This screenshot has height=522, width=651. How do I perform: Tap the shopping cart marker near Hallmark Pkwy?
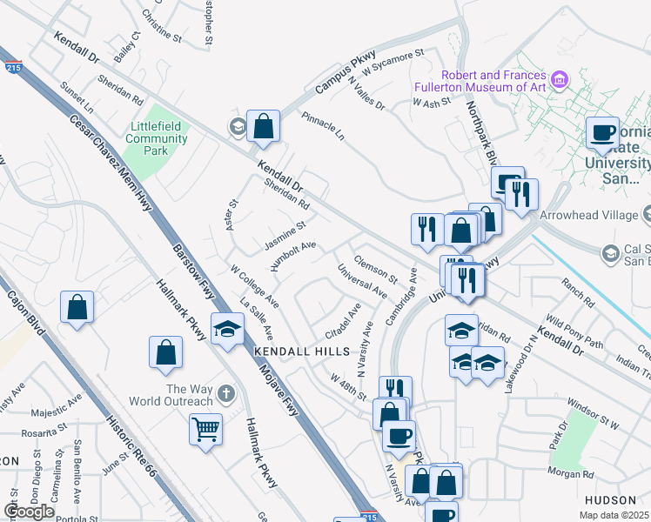205,428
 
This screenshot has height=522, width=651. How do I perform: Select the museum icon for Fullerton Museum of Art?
560,81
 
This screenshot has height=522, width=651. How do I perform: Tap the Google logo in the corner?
29,512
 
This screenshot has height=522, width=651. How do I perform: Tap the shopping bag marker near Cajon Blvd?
77,307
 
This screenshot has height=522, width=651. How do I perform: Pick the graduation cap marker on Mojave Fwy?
227,329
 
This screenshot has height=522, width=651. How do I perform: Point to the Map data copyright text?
614,515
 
